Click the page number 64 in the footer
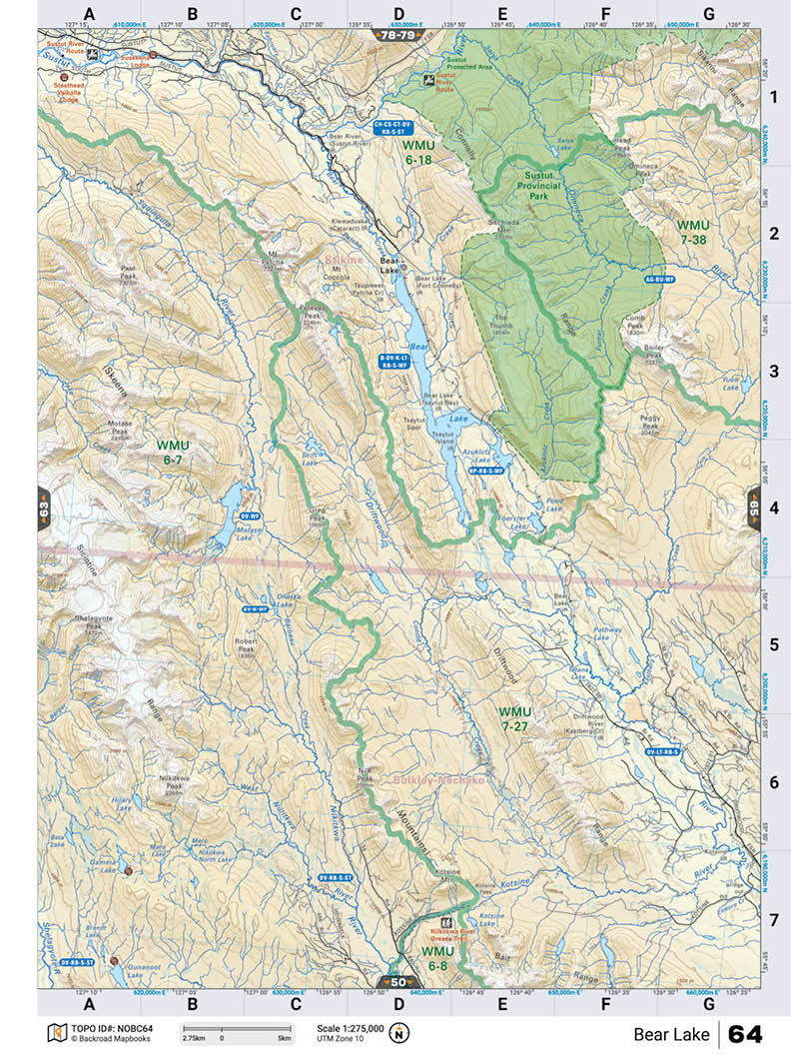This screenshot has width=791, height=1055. point(745,1033)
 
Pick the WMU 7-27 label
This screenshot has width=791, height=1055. point(515,718)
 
